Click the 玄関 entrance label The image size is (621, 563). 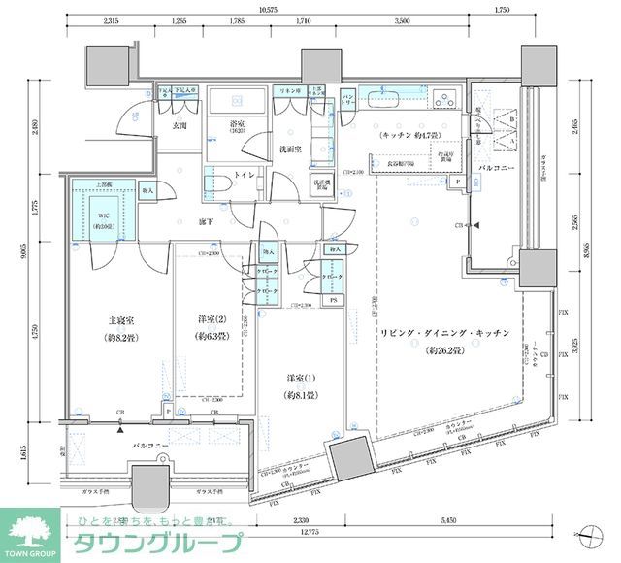[x=180, y=126]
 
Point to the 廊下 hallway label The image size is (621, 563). [x=206, y=220]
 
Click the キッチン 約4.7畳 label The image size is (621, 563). [x=410, y=135]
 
